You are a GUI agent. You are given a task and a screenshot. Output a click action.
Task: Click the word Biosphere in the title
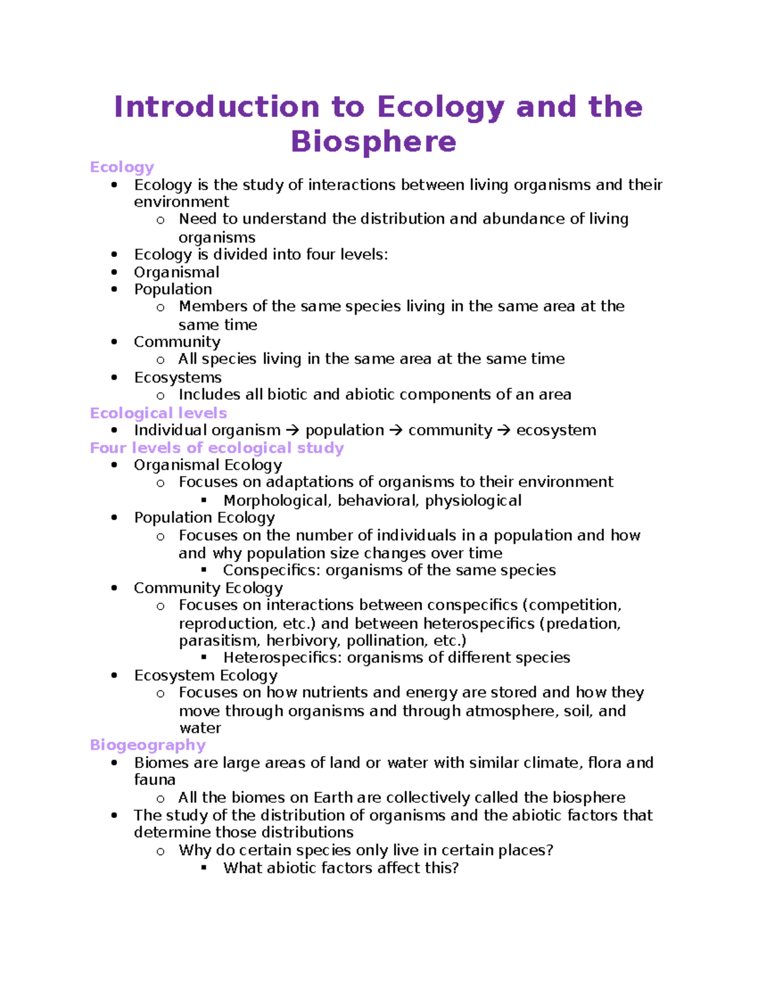coord(373,141)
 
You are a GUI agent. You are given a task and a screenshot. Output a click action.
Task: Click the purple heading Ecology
coord(122,167)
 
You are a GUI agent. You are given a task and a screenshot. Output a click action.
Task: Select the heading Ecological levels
coord(158,413)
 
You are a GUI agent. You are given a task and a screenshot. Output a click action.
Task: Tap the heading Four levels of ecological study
coord(217,448)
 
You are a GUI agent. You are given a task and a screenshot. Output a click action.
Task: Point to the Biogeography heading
coord(148,745)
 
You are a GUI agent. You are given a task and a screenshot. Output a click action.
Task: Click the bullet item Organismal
coord(176,272)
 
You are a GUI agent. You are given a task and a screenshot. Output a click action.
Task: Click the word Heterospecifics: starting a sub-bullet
coord(282,658)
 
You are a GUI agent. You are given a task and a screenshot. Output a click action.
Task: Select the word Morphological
coord(277,501)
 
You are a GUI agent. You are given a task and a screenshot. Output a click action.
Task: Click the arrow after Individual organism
coord(292,431)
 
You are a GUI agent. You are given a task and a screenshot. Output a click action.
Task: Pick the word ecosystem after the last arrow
coord(556,431)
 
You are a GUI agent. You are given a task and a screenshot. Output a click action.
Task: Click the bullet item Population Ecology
coord(204,518)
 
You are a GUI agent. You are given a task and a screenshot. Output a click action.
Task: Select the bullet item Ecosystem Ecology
coord(205,675)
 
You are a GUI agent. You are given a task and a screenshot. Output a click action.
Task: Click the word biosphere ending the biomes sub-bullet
coord(589,798)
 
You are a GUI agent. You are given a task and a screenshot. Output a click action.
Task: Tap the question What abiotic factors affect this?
coord(340,868)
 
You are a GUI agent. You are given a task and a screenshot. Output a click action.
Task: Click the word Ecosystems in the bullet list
coord(177,378)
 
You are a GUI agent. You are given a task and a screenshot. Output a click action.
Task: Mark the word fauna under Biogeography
coord(154,780)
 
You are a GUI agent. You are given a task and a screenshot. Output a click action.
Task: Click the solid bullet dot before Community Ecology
coord(114,588)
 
